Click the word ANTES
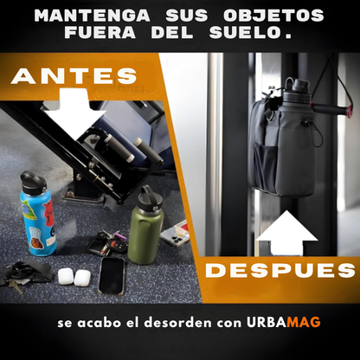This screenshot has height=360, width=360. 74,76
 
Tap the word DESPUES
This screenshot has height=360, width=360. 280,271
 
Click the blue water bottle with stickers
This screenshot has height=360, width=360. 38,214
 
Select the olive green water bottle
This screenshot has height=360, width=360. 146,225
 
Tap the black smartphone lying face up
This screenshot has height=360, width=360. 112,275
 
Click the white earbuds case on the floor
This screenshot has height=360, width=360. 74,277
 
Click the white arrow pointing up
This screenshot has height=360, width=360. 286,233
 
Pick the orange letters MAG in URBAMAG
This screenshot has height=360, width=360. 304,322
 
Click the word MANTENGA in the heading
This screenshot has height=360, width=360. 93,16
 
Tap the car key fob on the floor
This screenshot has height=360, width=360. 117,245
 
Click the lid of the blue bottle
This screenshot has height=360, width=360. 33,183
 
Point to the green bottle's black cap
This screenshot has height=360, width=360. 150,199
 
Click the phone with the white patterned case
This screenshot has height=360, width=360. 176,233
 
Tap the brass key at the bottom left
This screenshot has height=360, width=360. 16,286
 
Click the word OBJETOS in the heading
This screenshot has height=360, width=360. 273,16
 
